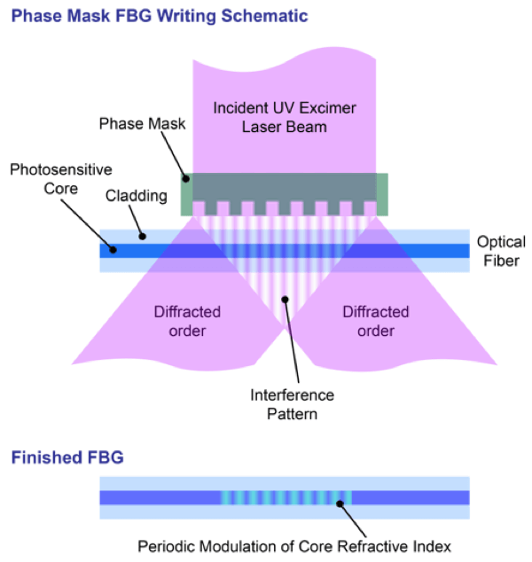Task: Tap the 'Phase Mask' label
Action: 143,124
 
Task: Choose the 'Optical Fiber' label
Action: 501,251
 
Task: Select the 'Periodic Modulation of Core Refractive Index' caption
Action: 297,546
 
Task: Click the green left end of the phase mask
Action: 187,193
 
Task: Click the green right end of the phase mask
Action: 383,193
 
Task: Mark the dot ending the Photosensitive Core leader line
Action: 113,251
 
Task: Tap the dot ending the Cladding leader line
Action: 140,236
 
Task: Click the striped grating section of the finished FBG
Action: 286,497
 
